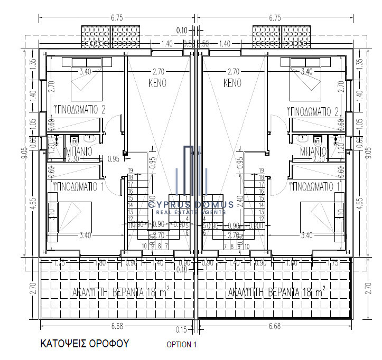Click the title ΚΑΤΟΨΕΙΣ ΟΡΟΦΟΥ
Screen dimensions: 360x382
click(x=85, y=344)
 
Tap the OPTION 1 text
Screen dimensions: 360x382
click(x=181, y=345)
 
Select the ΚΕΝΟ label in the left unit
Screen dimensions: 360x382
click(x=157, y=83)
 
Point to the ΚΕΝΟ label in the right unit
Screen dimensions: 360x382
click(x=232, y=83)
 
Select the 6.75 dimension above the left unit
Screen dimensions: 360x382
click(x=117, y=17)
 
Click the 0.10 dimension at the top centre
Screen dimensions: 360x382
click(x=182, y=30)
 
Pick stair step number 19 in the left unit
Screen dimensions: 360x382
click(x=129, y=170)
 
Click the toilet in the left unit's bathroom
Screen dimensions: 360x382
click(x=74, y=139)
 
